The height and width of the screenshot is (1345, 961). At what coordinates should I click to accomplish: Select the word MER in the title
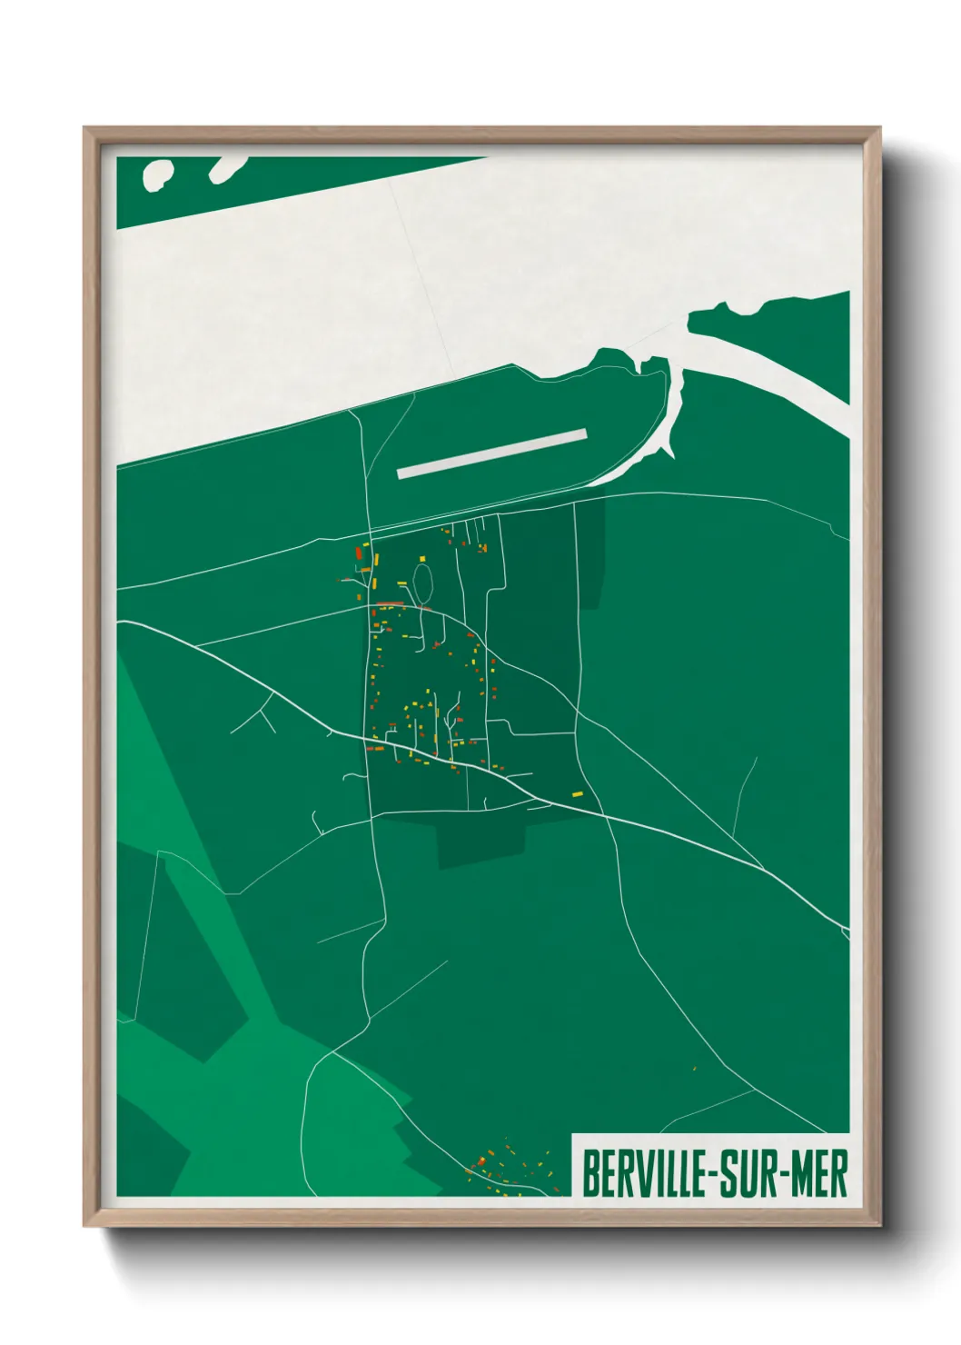coord(819,1173)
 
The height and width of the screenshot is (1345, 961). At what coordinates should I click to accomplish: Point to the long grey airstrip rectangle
coord(492,453)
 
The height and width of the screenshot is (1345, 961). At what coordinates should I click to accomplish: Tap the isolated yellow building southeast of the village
coord(577,794)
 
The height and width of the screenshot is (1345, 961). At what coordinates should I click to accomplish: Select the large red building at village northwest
coord(359,553)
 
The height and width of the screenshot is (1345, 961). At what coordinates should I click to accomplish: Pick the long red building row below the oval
coord(391,603)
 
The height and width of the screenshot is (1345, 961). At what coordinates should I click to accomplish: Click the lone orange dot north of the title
coord(694,1069)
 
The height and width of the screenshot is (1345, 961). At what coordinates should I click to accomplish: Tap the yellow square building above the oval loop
coord(421,558)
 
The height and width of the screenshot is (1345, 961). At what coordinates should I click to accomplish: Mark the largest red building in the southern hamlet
coord(480,1161)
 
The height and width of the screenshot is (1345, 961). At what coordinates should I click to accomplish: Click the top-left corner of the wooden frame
coord(85,130)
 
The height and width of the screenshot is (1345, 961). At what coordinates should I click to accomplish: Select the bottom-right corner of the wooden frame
coord(879,1224)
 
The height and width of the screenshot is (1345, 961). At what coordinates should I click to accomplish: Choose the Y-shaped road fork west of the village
coord(262,711)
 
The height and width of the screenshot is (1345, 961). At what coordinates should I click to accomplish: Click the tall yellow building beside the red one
coord(375,560)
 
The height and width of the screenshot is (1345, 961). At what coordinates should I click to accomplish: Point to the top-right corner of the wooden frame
coord(879,130)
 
